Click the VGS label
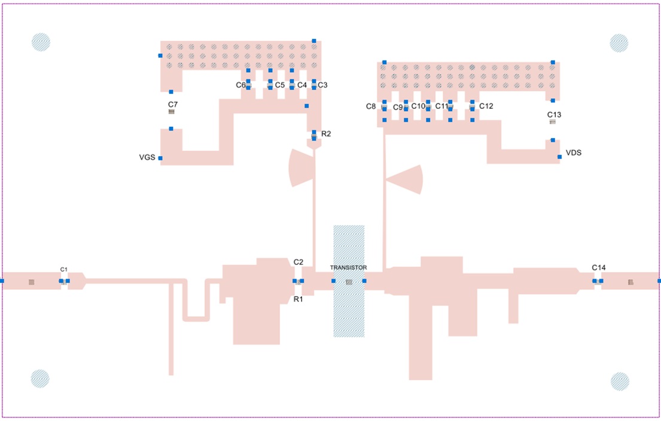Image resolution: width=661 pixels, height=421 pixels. point(147,157)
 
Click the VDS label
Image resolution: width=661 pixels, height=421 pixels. point(573,152)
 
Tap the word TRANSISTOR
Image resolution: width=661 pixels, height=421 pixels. point(348,267)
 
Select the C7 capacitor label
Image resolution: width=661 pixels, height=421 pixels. point(173,105)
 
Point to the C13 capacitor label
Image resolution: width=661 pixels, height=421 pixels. point(554,115)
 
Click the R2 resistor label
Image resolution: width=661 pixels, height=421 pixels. point(326,134)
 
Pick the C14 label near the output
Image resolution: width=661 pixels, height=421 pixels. point(599,267)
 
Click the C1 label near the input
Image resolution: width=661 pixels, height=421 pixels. point(63,269)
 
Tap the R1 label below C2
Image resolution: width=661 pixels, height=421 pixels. point(298,299)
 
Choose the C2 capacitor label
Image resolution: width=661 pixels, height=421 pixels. point(298,262)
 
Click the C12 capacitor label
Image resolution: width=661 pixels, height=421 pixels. point(486,106)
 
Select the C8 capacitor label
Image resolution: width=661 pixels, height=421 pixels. point(370,106)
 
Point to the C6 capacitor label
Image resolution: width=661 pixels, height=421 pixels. point(240,85)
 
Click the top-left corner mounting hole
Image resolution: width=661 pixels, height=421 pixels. point(41,42)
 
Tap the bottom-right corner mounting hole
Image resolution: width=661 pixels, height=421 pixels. point(620,382)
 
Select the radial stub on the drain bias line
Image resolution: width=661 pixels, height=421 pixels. point(405,179)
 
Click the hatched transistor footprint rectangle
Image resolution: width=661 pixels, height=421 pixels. point(349,282)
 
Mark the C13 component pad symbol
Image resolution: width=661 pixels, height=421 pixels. point(553,122)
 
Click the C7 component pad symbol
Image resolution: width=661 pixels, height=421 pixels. point(171,112)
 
